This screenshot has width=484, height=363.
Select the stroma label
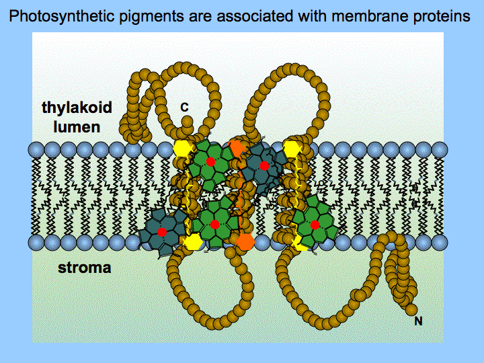coord(85,269)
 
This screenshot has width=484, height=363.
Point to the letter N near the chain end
coord(418,321)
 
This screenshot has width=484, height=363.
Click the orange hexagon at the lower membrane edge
coord(246,241)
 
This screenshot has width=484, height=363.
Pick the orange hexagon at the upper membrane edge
coord(237,147)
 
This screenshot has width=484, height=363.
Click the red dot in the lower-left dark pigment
coord(162,231)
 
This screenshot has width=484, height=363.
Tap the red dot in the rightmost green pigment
coord(315,218)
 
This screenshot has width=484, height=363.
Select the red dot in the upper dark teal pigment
coord(264,165)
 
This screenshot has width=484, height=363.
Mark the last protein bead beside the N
coord(411,309)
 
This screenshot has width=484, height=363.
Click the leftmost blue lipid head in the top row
coord(37,149)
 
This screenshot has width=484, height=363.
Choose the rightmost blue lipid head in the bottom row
coord(440,240)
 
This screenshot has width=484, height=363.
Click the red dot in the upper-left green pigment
coord(210,162)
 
